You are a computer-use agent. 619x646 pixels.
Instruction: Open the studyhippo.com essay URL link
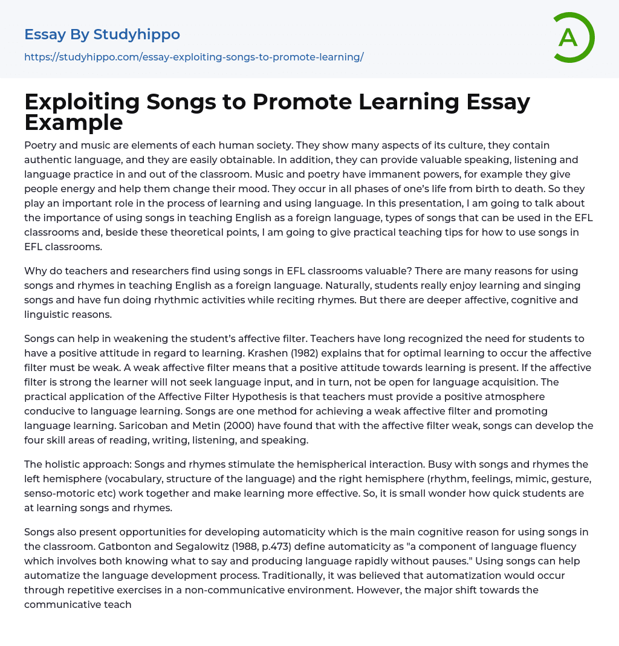pyautogui.click(x=193, y=57)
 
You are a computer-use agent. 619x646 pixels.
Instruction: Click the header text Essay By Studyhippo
pyautogui.click(x=102, y=34)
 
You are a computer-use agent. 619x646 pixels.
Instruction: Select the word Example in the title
pyautogui.click(x=74, y=123)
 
